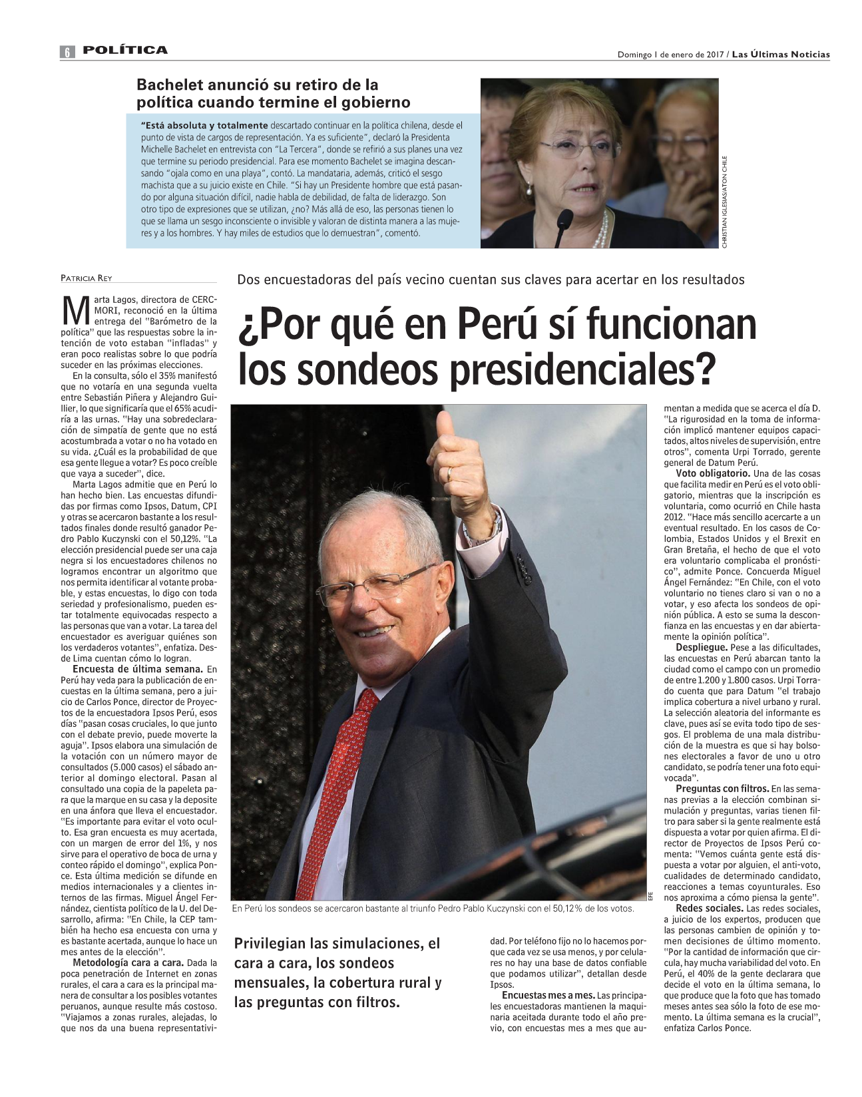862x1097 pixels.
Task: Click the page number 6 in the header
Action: pos(67,51)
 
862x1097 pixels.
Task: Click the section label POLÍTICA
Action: pos(125,51)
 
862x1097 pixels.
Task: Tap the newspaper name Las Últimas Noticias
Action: pos(781,55)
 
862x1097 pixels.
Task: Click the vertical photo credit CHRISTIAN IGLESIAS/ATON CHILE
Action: pos(724,202)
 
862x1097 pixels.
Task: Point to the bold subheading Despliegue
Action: pos(702,647)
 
